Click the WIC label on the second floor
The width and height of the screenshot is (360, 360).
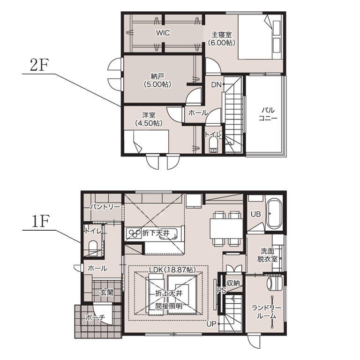163,33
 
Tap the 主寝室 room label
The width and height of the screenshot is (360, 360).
222,35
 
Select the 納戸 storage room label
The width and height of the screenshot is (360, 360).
157,76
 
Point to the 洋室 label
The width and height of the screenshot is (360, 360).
149,115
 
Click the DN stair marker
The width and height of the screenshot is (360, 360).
216,85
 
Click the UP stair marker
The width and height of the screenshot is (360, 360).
211,324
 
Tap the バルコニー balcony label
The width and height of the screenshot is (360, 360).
268,114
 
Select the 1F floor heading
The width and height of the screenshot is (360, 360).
40,221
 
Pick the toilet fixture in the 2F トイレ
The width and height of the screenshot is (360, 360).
214,146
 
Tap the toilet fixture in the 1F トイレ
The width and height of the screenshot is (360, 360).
93,247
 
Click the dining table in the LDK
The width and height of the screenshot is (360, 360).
226,229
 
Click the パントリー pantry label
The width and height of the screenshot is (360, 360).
105,207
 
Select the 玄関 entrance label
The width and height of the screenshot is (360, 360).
106,292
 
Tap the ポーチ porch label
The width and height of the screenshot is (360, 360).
95,317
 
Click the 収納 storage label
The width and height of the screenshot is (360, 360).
233,283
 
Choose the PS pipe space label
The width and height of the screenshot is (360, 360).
222,290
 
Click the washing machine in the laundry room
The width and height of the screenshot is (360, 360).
274,283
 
